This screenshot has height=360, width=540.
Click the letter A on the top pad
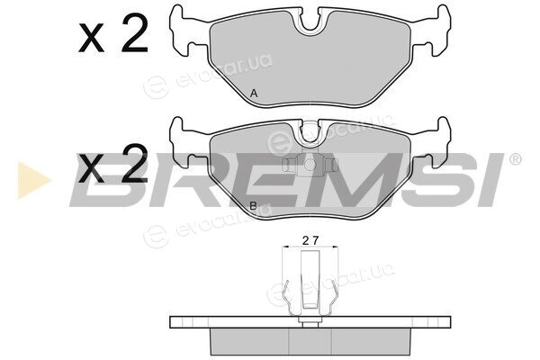pyautogui.click(x=254, y=93)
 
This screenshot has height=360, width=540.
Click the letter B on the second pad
pyautogui.click(x=253, y=206)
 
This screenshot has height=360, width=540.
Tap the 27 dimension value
pyautogui.click(x=310, y=240)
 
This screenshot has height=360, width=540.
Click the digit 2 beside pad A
pyautogui.click(x=135, y=34)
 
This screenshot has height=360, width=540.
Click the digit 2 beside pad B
pyautogui.click(x=135, y=164)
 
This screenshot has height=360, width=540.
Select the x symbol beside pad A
pyautogui.click(x=92, y=39)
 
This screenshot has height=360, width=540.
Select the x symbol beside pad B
pyautogui.click(x=92, y=169)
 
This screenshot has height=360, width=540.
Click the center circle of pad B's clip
pyautogui.click(x=310, y=165)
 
